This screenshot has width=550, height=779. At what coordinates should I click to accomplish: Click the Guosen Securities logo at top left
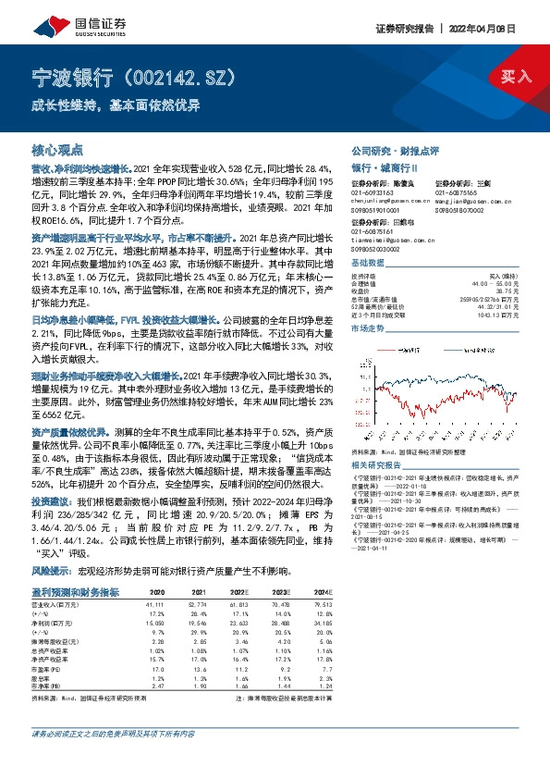click(69, 18)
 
